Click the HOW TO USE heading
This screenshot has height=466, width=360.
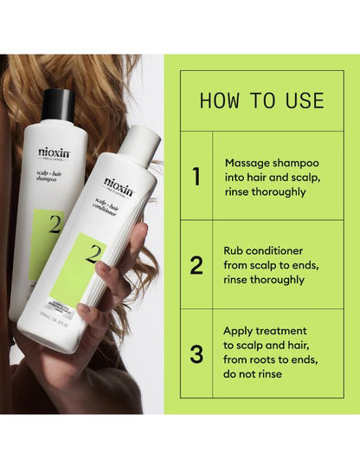(262, 100)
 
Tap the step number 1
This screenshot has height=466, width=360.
(196, 177)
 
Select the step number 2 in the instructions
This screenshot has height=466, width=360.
(196, 265)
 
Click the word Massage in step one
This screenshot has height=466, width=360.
(247, 162)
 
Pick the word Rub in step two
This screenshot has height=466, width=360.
(235, 250)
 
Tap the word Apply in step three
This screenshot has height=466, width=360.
(240, 330)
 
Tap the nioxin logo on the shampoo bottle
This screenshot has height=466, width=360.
(55, 152)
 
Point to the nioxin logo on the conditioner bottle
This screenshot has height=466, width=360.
(119, 184)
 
